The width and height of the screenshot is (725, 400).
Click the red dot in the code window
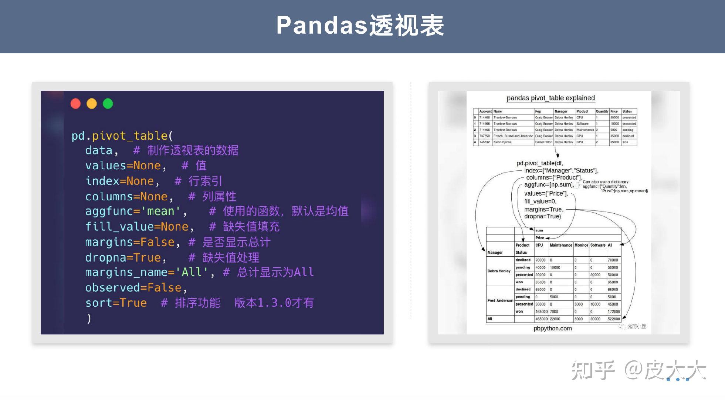tap(75, 104)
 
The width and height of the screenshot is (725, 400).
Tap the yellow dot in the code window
tap(92, 104)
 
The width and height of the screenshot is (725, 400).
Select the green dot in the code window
tap(108, 104)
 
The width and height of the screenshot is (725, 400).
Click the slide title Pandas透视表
tap(360, 26)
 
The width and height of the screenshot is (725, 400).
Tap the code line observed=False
tap(136, 288)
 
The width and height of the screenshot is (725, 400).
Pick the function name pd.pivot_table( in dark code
tap(122, 136)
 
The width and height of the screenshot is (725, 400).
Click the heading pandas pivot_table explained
tap(550, 98)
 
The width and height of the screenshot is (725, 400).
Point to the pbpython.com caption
tap(552, 329)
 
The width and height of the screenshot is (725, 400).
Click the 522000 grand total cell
tap(613, 319)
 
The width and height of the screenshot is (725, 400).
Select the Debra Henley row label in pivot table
tap(499, 271)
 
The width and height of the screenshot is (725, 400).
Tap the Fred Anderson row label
tap(500, 300)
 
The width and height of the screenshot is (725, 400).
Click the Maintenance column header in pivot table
tap(560, 245)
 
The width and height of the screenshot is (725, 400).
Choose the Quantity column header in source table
tap(602, 111)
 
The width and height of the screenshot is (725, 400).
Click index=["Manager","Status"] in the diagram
tap(561, 171)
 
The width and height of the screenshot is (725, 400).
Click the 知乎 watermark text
tap(593, 370)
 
